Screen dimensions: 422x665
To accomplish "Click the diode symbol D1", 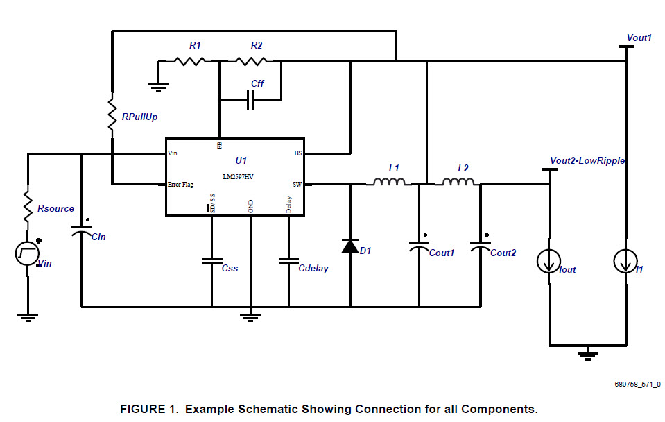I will tap(349, 246).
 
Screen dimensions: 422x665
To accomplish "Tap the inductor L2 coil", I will tap(458, 183).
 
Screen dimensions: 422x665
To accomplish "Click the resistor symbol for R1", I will tap(189, 61).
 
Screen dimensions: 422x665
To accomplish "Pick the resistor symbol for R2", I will tap(250, 61).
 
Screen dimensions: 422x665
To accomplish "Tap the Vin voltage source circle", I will tap(28, 254).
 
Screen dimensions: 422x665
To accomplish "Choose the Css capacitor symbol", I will tap(211, 261).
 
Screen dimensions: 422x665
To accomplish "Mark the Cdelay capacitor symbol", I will tap(288, 261).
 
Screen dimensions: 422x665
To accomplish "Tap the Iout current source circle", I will tap(549, 262).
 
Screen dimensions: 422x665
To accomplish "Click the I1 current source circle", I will tap(625, 262).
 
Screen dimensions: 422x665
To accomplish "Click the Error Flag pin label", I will tap(181, 185).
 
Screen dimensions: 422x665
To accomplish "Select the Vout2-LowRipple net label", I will tap(587, 160).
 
